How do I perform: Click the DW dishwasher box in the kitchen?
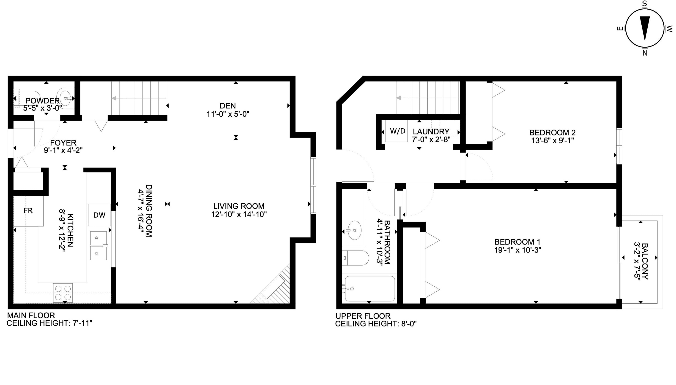point(99,215)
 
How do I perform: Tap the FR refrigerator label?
point(28,210)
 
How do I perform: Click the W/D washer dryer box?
point(397,131)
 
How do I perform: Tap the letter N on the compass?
point(645,53)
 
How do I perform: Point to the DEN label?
point(228,106)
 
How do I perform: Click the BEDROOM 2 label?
point(552,132)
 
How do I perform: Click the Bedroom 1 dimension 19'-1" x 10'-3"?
point(517,250)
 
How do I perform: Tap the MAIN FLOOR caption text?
point(31,315)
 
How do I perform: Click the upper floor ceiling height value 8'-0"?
point(409,324)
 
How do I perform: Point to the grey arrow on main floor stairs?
point(114,98)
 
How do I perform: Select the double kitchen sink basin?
point(98,246)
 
